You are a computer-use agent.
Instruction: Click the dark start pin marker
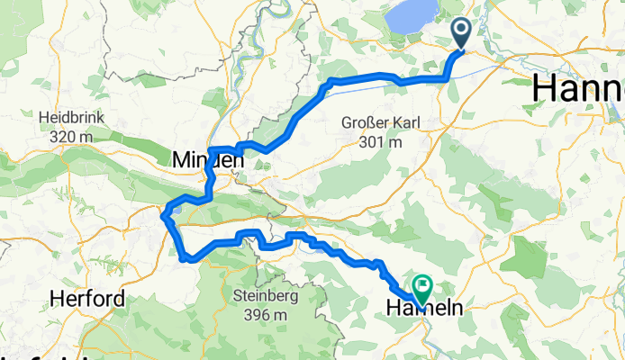point(460,34)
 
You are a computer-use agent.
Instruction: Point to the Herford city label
point(86,299)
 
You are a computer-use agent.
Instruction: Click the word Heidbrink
point(73,118)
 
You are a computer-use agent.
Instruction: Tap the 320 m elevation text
point(73,137)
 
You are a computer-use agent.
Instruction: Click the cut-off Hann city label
point(577,87)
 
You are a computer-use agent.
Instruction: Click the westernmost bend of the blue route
point(163,214)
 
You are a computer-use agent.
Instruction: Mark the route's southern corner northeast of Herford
point(184,259)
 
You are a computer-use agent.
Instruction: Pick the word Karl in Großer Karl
point(403,123)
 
